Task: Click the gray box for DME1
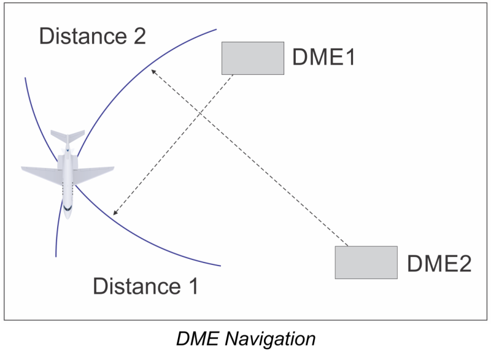253,58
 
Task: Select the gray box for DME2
366,262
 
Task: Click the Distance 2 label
93,37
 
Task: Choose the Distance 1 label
145,286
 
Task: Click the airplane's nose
68,216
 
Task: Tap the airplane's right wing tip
113,168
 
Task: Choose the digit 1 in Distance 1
192,286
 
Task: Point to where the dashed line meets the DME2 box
348,246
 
